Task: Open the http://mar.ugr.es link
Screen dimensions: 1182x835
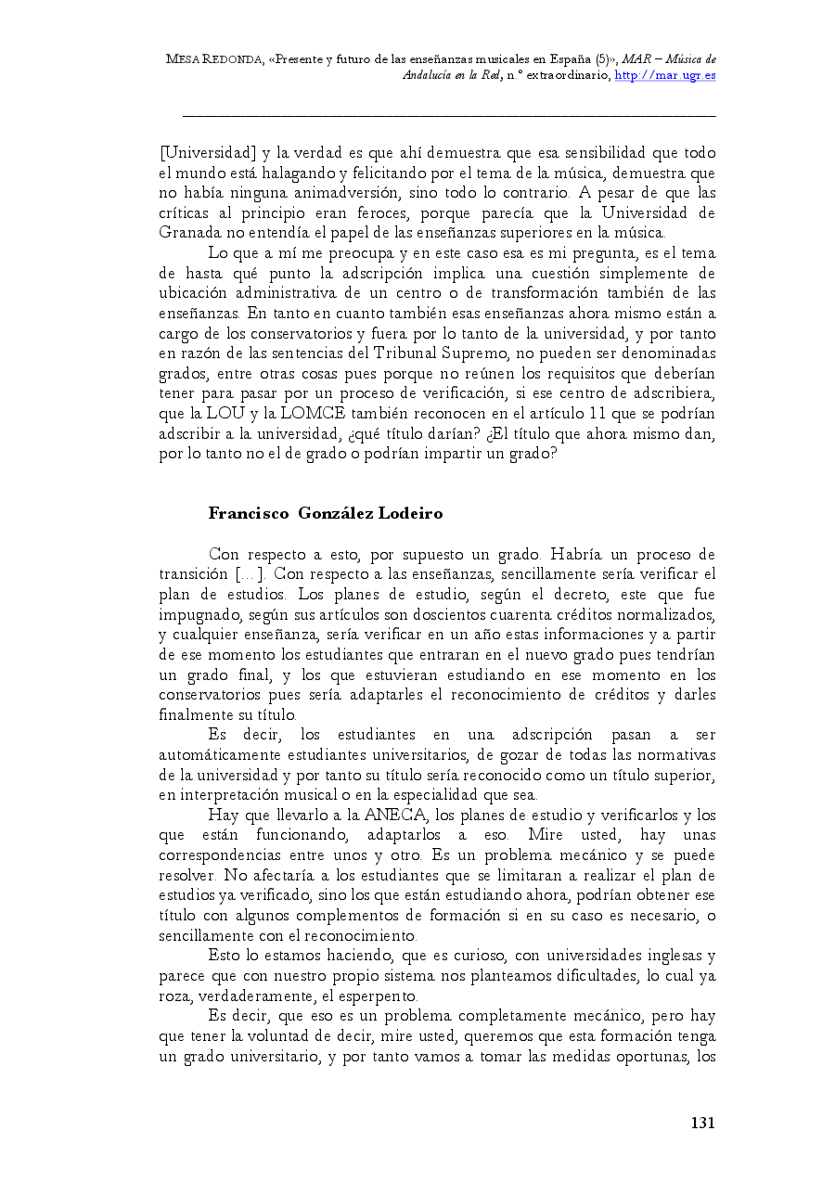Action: pyautogui.click(x=665, y=75)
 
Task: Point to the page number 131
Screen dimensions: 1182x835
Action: pyautogui.click(x=702, y=1124)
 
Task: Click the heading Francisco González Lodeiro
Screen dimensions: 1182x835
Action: pyautogui.click(x=325, y=513)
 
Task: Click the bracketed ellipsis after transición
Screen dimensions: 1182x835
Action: pyautogui.click(x=250, y=574)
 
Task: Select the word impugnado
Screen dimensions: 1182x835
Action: pyautogui.click(x=198, y=614)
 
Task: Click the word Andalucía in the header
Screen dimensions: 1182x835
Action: pyautogui.click(x=427, y=75)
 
